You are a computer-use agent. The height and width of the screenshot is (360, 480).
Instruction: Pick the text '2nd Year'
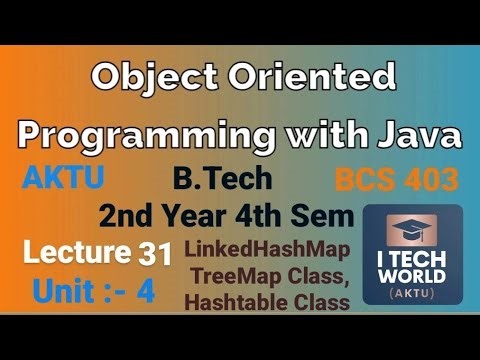155,216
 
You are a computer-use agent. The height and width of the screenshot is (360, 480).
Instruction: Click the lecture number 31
155,254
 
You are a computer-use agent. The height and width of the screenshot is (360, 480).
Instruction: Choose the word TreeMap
233,276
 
